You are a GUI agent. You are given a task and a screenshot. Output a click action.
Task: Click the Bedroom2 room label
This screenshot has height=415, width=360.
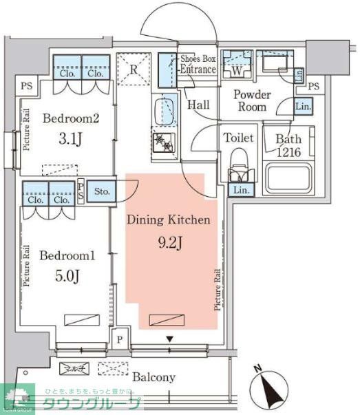pos(71,118)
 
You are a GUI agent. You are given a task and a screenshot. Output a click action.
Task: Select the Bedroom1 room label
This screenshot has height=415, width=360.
pos(66,256)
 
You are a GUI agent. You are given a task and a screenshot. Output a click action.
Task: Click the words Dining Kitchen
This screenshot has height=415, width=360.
pos(168,221)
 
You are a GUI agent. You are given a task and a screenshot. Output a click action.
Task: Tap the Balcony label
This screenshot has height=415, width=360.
pos(155,377)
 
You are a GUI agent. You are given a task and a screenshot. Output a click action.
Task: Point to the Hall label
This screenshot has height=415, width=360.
pos(198,105)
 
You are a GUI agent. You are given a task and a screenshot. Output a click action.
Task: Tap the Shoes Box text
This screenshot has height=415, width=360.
pos(198,60)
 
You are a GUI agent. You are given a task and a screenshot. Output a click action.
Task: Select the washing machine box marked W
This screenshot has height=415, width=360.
pos(237,68)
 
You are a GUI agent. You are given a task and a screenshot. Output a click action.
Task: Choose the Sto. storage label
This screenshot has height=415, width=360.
pos(103,191)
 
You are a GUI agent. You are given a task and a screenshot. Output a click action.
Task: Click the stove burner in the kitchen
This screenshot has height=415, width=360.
pos(165,142)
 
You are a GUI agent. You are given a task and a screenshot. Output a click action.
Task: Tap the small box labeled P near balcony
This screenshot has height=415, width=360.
pos(120,339)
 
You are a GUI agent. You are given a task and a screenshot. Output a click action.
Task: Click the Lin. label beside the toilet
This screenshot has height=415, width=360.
pos(240,190)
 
